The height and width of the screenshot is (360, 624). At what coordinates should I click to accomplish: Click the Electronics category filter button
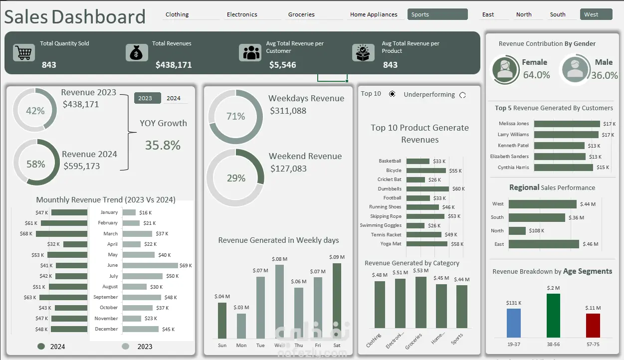click(x=242, y=14)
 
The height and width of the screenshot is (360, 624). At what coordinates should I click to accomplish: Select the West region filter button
click(x=596, y=14)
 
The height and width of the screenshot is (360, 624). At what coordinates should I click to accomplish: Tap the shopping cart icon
click(x=24, y=52)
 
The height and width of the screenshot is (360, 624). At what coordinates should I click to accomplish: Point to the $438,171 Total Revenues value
click(x=174, y=65)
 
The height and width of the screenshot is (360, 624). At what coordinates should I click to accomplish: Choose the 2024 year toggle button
click(x=174, y=98)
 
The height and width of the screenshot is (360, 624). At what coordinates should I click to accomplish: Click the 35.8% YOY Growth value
click(x=163, y=145)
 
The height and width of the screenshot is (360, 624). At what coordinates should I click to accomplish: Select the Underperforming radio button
click(x=462, y=95)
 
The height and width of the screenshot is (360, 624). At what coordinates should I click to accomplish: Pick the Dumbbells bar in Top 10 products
click(x=427, y=189)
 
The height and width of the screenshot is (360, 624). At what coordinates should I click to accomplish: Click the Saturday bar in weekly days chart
click(x=337, y=301)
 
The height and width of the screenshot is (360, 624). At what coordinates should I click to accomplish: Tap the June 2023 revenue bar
click(x=150, y=265)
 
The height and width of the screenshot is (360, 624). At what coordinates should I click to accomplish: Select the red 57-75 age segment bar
click(x=593, y=325)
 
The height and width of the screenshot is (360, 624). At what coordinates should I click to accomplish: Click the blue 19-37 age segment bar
click(x=514, y=323)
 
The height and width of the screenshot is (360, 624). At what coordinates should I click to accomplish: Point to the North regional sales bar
click(x=517, y=231)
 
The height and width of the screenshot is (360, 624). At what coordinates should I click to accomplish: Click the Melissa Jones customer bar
click(x=567, y=124)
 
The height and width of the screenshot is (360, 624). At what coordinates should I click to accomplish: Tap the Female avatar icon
click(x=505, y=70)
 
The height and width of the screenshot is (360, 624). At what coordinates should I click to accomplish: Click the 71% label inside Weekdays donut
click(x=235, y=117)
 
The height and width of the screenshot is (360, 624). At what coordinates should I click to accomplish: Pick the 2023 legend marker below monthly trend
click(x=126, y=347)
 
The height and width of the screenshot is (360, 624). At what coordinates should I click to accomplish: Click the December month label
click(x=107, y=329)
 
